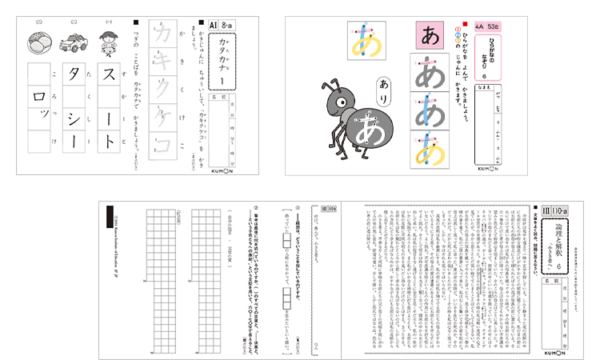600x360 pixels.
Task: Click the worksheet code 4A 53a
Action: [x=486, y=26]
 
